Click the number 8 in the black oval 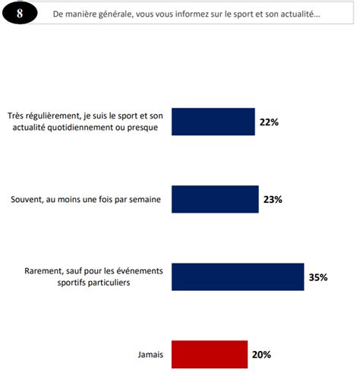21,14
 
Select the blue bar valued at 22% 213,122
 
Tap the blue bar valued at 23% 215,199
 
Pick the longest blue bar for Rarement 238,276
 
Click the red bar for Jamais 210,354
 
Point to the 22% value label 269,122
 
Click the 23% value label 273,199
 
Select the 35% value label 317,277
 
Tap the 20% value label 261,354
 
